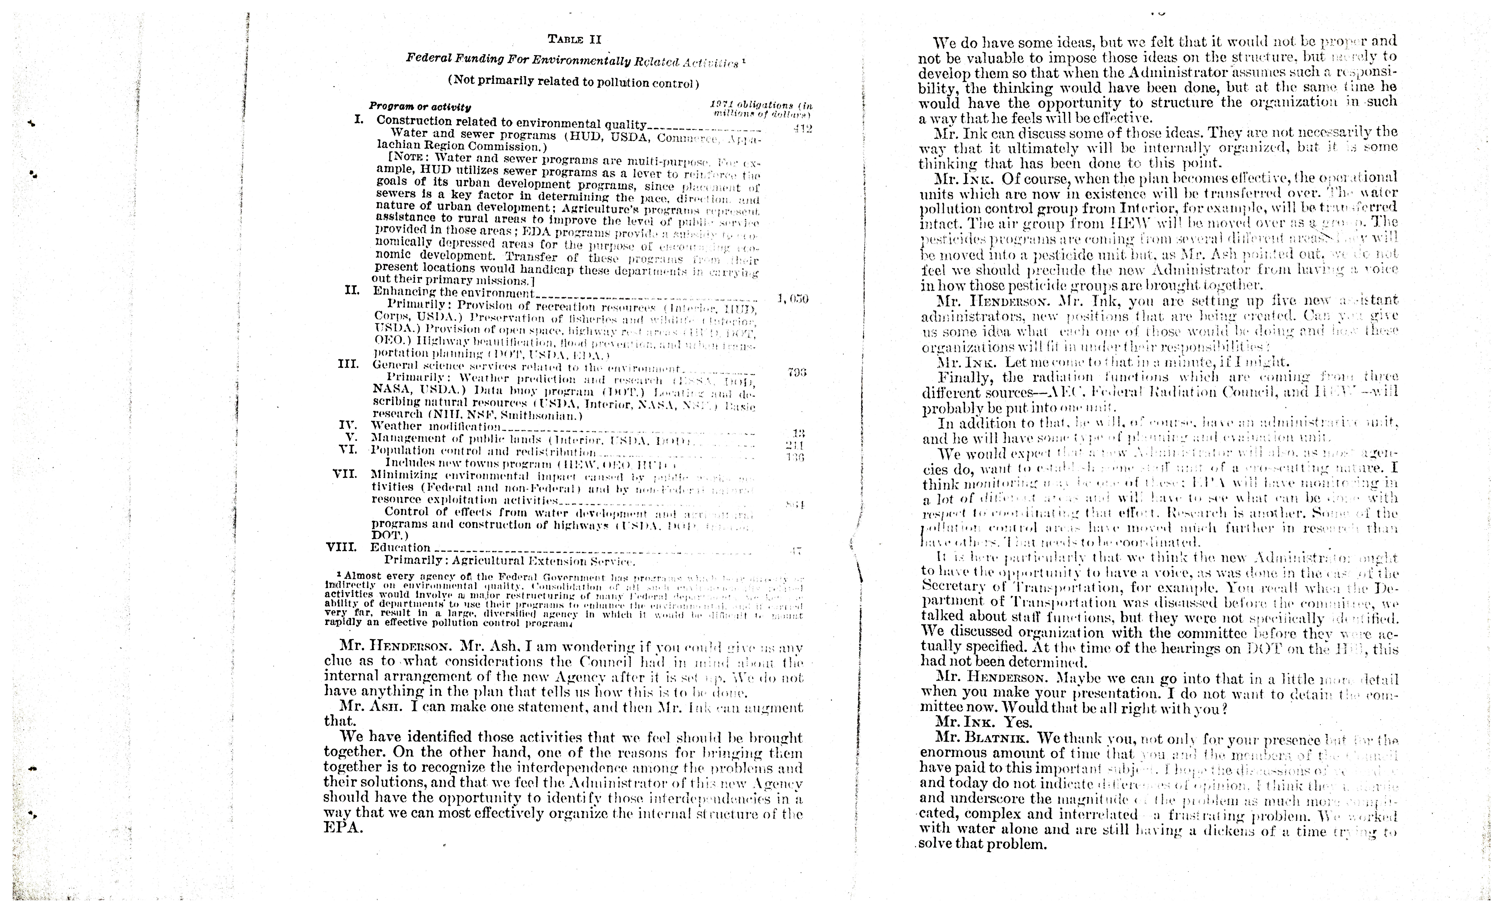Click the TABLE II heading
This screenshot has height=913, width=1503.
click(574, 40)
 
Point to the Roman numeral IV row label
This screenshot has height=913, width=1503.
click(348, 425)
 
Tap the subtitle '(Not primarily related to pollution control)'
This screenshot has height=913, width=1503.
click(573, 82)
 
